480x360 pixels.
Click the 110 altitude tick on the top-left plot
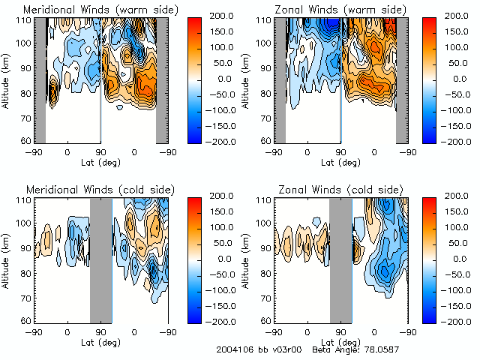coord(25,20)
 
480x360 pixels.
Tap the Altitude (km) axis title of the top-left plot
coord(7,81)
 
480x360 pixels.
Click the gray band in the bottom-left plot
coord(100,259)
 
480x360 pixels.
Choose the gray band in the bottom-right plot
coord(341,259)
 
